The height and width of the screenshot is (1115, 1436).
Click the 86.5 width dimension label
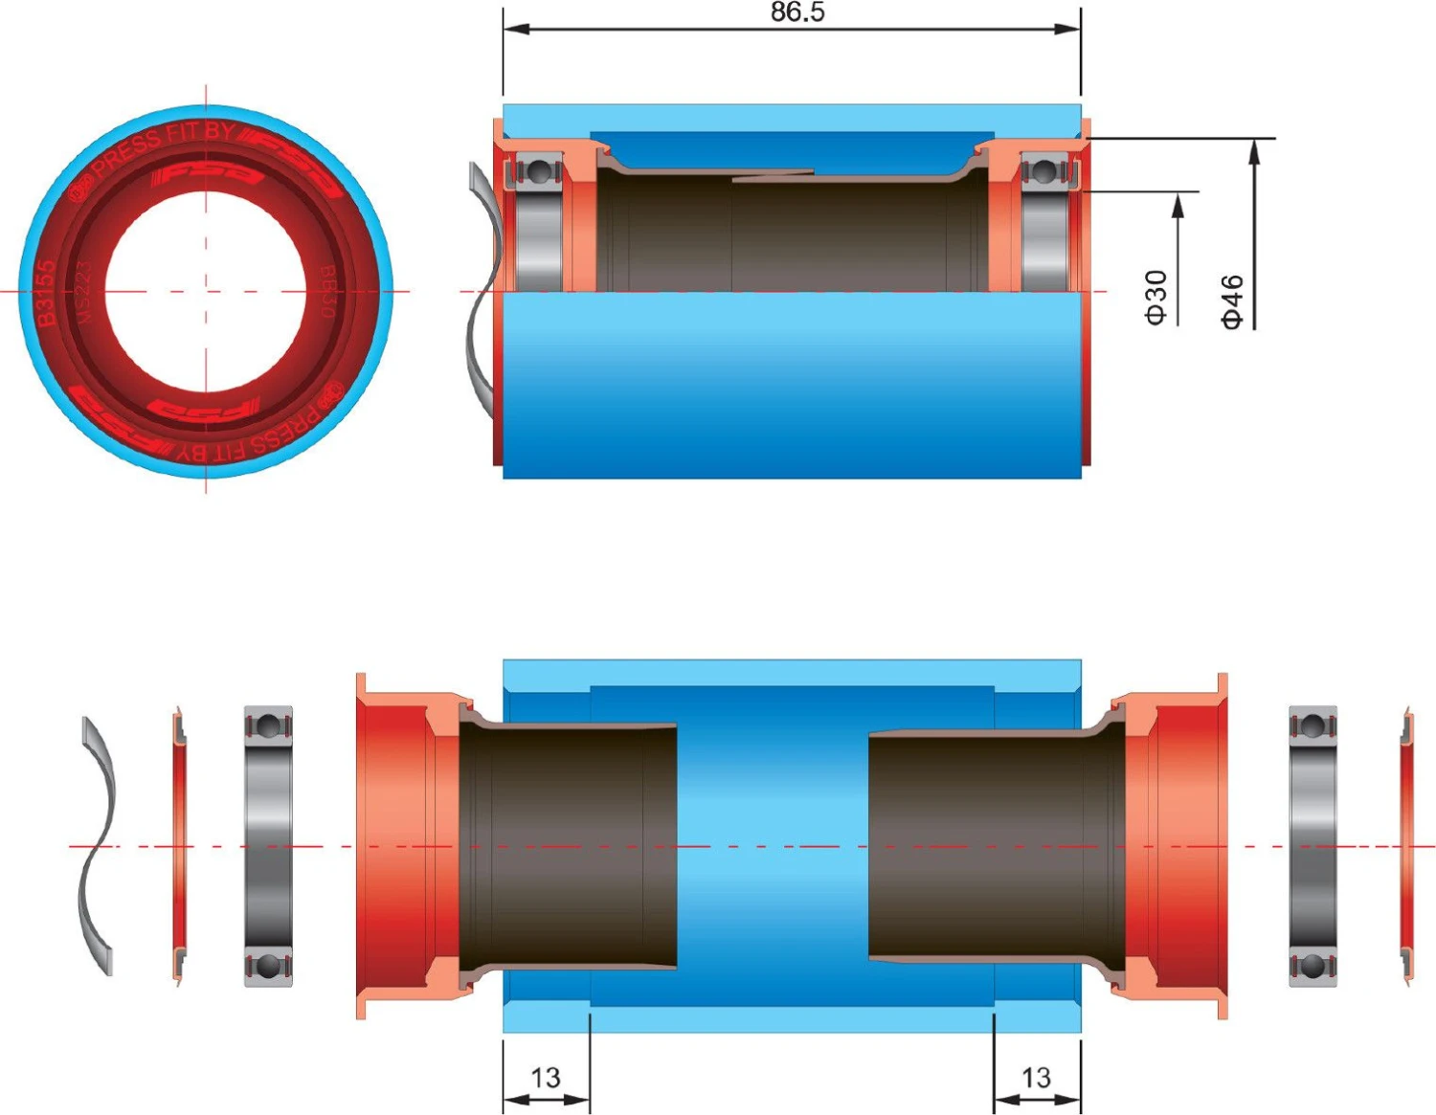(797, 12)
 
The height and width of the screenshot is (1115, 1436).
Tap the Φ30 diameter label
(1156, 298)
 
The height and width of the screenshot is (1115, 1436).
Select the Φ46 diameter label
(1232, 301)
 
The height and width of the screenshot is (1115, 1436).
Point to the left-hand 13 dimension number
(545, 1078)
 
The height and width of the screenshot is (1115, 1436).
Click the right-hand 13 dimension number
(1036, 1078)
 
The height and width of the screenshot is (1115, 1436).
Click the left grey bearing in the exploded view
(268, 846)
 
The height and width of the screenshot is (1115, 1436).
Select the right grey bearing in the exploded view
(1313, 846)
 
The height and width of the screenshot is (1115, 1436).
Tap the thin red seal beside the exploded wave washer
(179, 846)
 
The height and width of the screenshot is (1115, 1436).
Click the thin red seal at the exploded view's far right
(1405, 846)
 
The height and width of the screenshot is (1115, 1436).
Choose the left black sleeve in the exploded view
(570, 846)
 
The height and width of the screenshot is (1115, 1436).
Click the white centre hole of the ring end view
(206, 292)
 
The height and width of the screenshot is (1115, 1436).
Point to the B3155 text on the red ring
(45, 293)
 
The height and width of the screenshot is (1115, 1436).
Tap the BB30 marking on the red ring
(327, 292)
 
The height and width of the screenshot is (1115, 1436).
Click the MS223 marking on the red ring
(84, 293)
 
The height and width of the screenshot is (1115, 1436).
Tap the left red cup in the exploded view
(402, 846)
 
